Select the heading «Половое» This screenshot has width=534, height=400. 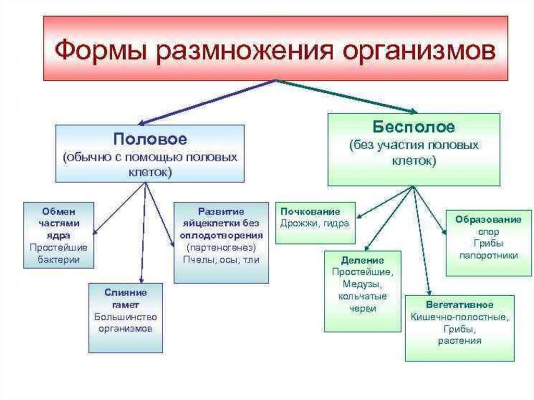pos(150,140)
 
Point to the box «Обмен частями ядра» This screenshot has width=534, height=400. pos(58,235)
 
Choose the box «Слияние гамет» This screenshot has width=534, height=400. pos(125,317)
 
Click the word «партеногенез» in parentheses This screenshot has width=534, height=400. pos(222,247)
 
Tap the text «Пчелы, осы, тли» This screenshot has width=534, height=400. pos(222,259)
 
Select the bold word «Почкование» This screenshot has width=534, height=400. pos(310,212)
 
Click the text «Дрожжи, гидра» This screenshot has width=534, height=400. pos(314,223)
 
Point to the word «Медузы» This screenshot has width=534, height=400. pos(362,284)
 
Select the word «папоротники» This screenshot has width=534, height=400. pos(489,256)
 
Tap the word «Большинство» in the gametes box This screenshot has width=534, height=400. pos(125,317)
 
